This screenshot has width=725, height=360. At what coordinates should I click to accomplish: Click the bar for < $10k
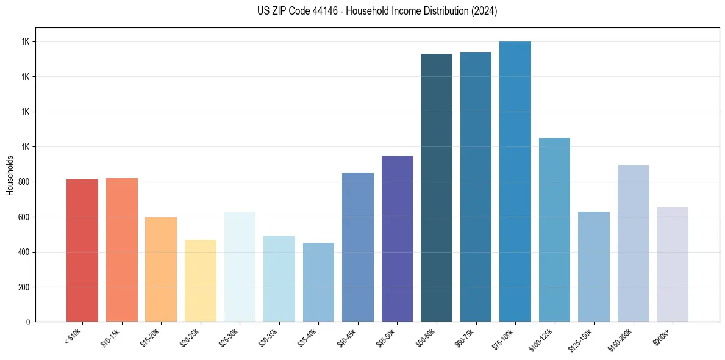[x=82, y=250]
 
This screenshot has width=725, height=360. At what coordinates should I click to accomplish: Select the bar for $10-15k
[x=121, y=250]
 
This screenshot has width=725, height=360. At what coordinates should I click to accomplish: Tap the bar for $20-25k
[x=200, y=281]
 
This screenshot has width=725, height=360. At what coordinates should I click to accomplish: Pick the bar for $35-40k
[x=318, y=282]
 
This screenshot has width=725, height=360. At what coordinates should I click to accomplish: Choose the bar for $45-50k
[x=397, y=239]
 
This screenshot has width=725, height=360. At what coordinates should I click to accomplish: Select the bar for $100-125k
[x=554, y=229]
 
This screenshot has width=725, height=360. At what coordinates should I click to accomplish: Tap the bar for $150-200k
[x=633, y=243]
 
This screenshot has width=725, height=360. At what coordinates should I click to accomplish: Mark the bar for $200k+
[x=673, y=264]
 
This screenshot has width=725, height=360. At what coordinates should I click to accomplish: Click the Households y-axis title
[x=10, y=175]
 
